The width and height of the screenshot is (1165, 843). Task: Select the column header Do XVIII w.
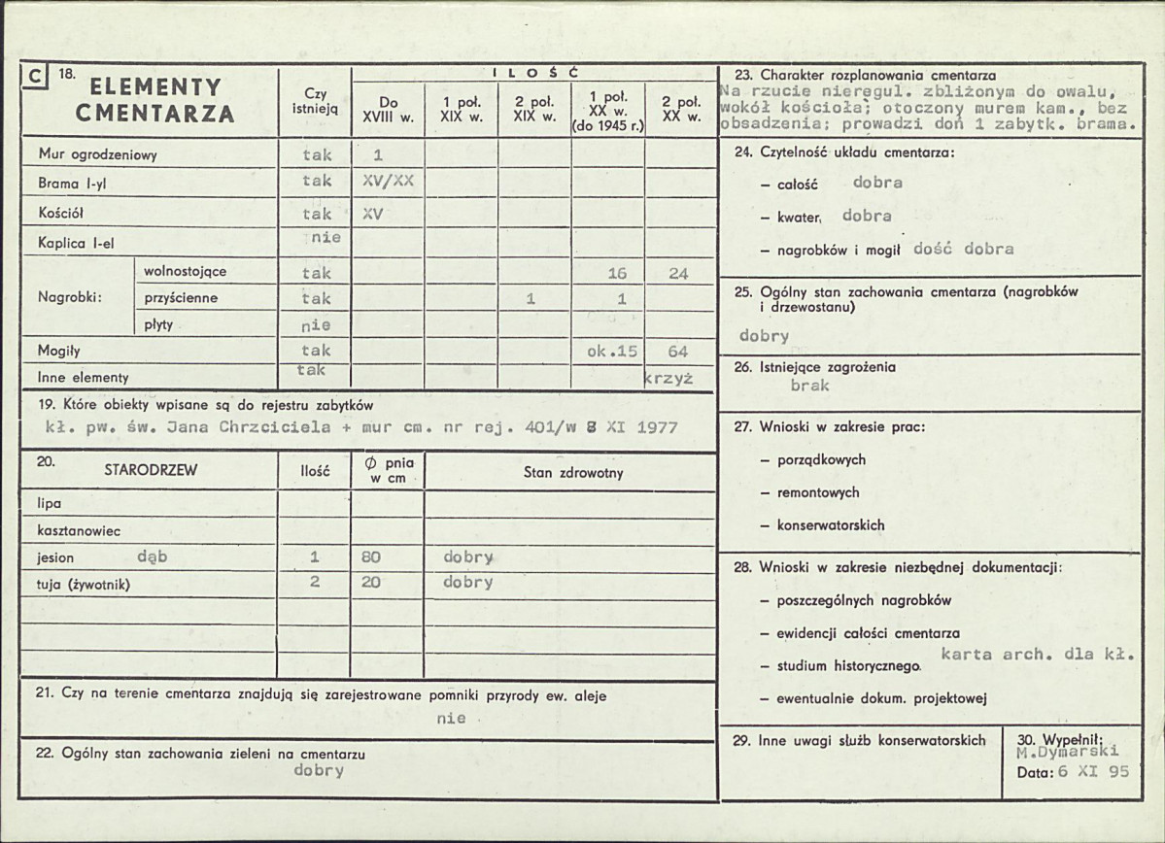coord(388,109)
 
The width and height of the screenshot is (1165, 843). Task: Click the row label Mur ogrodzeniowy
coord(98,154)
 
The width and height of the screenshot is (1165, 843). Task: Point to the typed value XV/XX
coord(388,181)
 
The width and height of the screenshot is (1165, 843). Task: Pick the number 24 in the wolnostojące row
coord(678,274)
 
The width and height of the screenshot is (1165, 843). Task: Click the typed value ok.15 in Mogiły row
coord(612,351)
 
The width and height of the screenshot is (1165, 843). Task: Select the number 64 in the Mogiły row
coord(678,351)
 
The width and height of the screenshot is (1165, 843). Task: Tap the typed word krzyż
coord(668,379)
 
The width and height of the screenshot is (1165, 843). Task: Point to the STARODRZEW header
coord(151,471)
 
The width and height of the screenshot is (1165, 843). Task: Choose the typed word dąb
coord(153,557)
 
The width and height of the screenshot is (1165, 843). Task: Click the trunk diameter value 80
coord(370,557)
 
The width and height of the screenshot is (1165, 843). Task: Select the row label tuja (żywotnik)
coord(84,584)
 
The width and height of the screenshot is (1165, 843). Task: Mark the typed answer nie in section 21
coord(451,719)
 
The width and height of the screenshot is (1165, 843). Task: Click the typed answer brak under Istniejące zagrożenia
coord(810,386)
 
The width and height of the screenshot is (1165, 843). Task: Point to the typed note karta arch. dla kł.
coord(1038,655)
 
